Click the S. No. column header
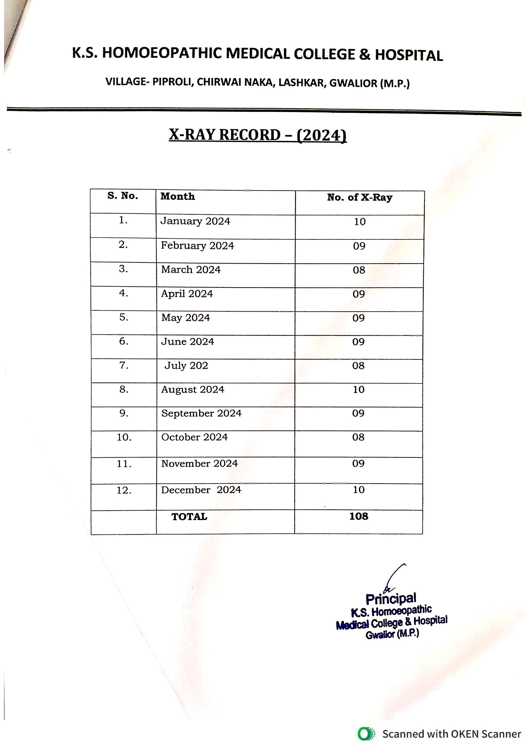tap(123, 196)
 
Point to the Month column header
tap(178, 197)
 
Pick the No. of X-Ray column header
tap(360, 198)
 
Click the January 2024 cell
tap(195, 221)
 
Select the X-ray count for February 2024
tap(359, 246)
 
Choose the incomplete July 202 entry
tap(186, 366)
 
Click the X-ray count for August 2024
tap(359, 390)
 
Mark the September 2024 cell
tap(201, 413)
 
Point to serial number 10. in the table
tap(124, 437)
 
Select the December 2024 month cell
tap(201, 490)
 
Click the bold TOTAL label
tap(189, 517)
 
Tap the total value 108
tap(359, 517)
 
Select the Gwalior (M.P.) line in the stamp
tap(392, 634)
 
